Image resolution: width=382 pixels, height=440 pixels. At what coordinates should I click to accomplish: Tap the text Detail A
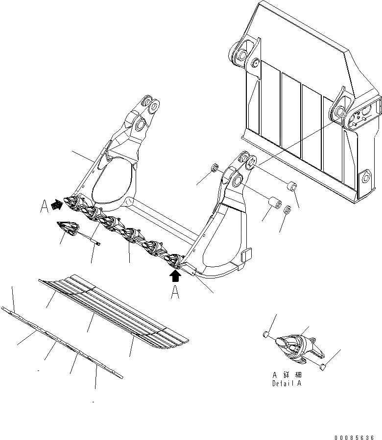pyautogui.click(x=286, y=383)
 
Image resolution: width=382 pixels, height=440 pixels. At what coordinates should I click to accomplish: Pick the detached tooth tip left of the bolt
pyautogui.click(x=68, y=228)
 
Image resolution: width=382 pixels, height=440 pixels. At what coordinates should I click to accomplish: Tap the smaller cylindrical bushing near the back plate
pyautogui.click(x=292, y=187)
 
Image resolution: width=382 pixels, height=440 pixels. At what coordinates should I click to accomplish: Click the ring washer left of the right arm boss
pyautogui.click(x=214, y=169)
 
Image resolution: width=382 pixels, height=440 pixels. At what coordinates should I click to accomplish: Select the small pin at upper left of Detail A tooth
pyautogui.click(x=265, y=334)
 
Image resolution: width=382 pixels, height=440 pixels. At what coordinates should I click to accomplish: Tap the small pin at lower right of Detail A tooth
pyautogui.click(x=322, y=368)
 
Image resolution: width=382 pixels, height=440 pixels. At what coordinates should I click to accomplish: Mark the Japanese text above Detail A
pyautogui.click(x=286, y=375)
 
